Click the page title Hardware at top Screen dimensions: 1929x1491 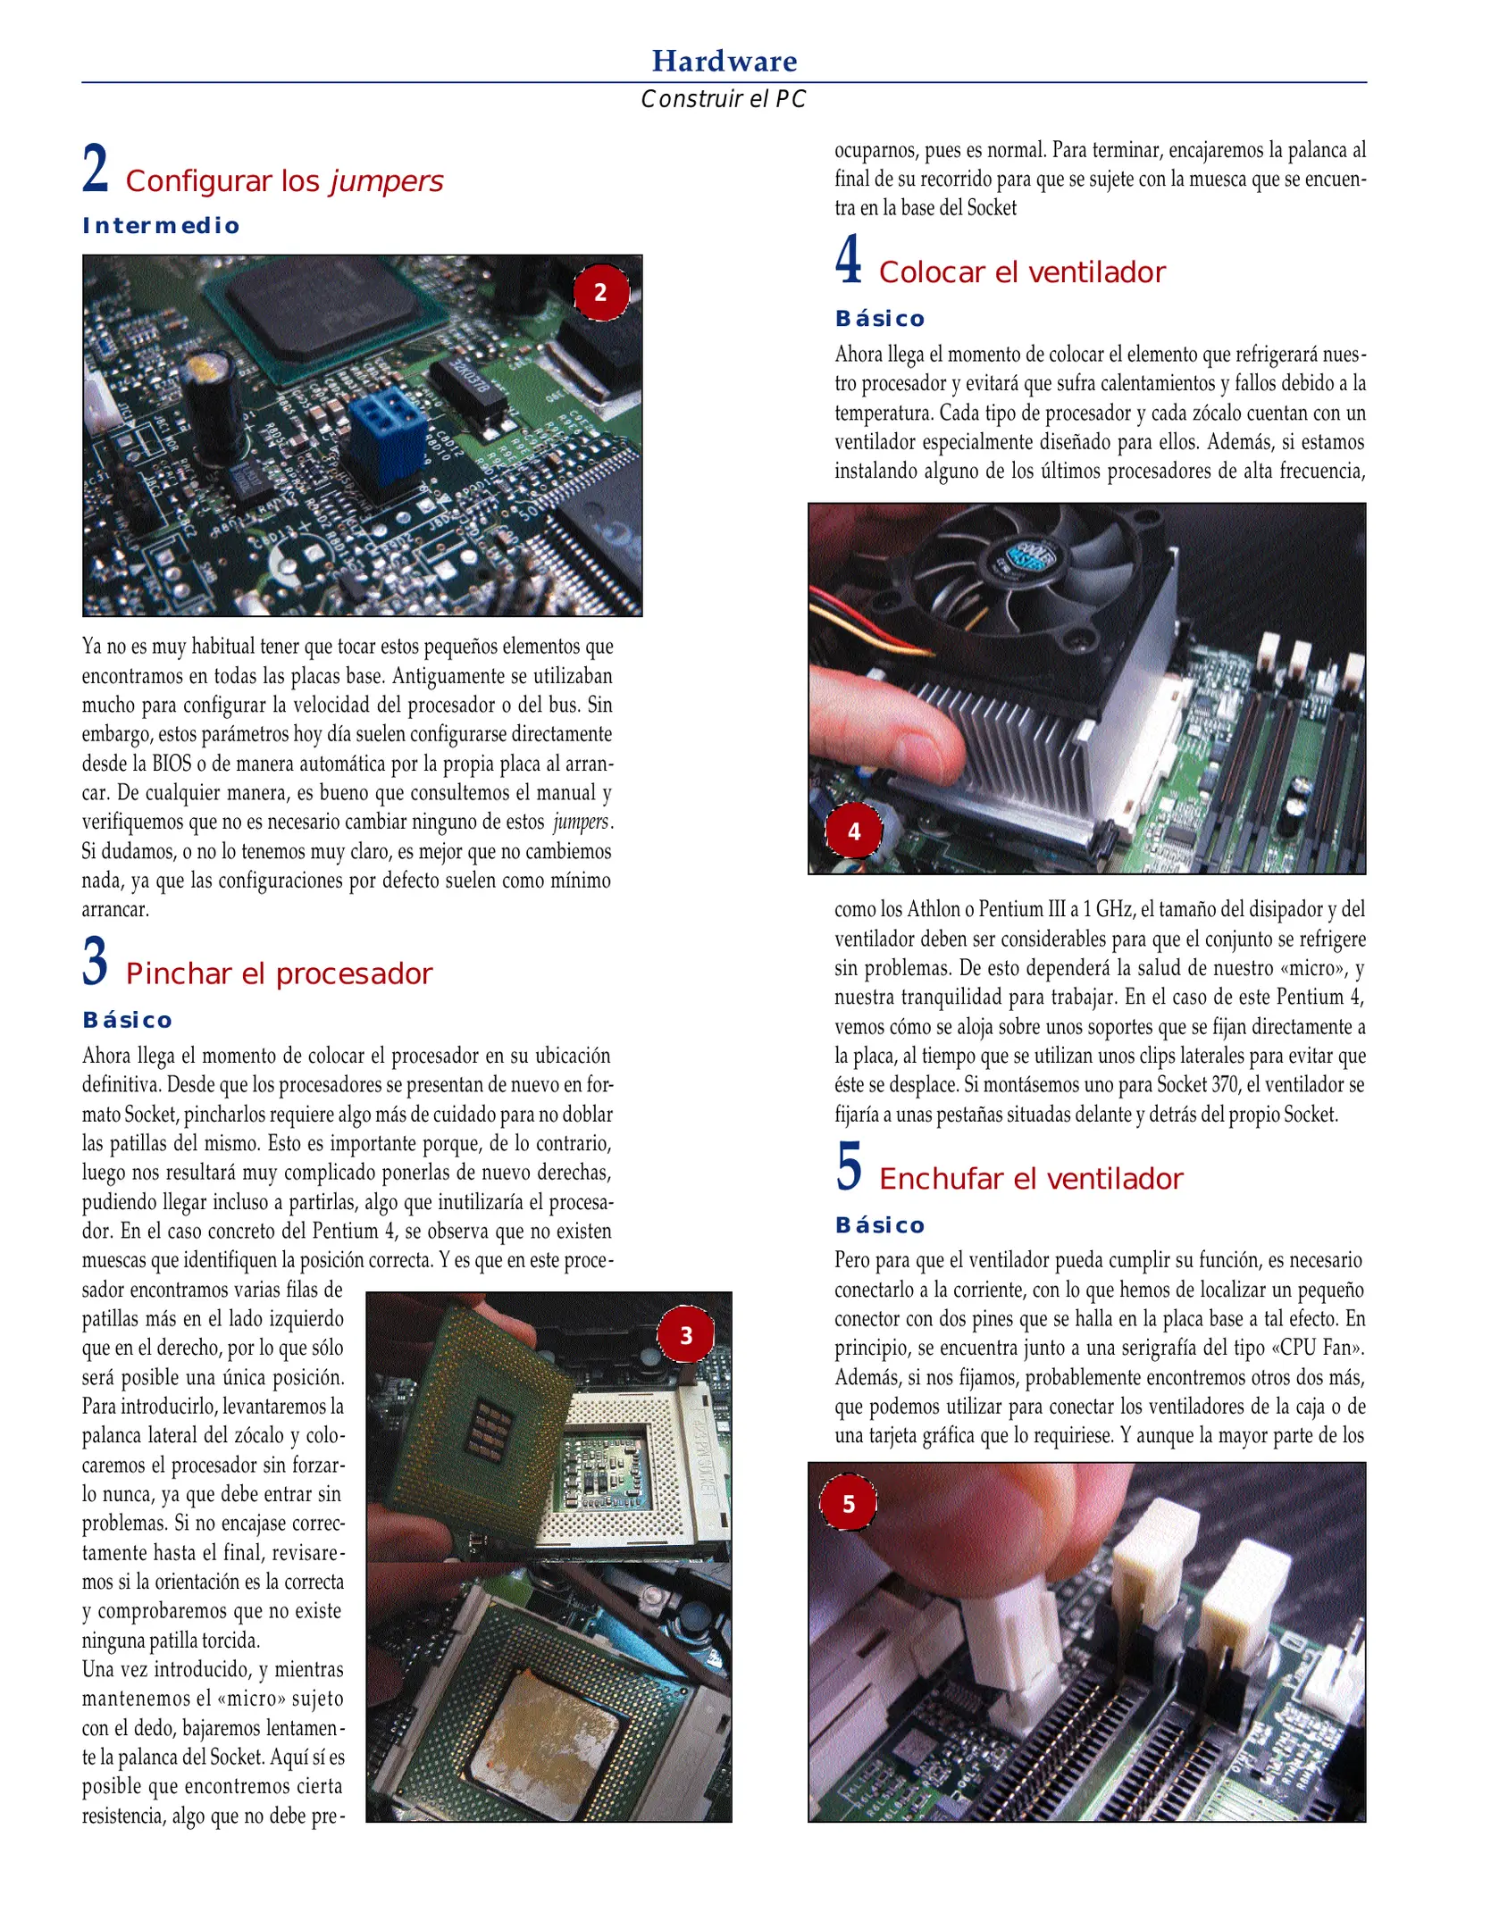724,61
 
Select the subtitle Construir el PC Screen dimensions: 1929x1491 724,99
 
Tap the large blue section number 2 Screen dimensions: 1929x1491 96,169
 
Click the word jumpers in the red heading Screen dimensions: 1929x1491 386,181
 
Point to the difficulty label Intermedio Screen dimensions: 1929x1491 161,226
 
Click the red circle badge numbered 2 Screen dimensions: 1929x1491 600,292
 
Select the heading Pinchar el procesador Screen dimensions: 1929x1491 279,973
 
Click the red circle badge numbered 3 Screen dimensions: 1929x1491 686,1335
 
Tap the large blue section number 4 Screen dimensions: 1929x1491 849,260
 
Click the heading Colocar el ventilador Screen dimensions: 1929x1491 1022,272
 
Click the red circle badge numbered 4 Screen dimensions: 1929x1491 854,831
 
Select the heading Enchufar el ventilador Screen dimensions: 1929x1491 1030,1179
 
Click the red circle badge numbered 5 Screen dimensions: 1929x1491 849,1504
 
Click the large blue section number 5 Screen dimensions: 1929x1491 849,1166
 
